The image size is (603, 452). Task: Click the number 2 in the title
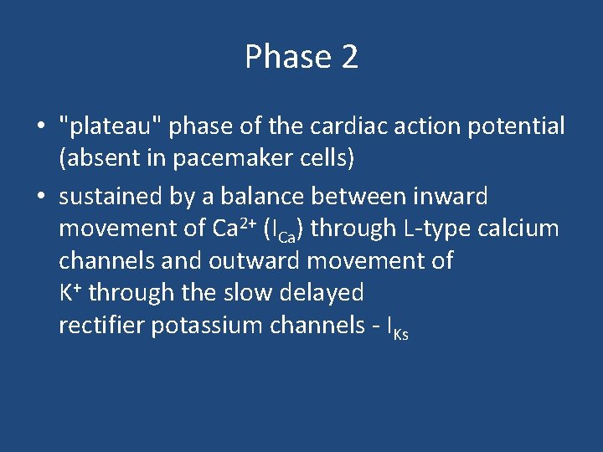click(349, 58)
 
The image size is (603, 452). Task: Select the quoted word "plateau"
click(113, 126)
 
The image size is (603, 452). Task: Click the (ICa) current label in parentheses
click(283, 229)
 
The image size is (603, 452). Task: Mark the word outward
click(255, 260)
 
